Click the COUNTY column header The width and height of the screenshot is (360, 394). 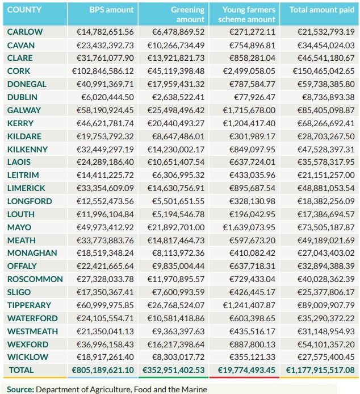[24, 10]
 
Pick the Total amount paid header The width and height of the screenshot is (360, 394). [322, 10]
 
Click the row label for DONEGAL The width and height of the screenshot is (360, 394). [27, 84]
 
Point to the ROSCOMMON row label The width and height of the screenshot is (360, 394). [35, 279]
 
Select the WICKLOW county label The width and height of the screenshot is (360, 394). [28, 357]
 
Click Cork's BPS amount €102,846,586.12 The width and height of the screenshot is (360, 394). [103, 71]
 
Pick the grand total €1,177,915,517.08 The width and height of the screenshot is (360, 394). [320, 370]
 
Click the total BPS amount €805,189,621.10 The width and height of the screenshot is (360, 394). [102, 370]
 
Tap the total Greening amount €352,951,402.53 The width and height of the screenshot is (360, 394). [174, 370]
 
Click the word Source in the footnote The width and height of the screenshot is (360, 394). [20, 389]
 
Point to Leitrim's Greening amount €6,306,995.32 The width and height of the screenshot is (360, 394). [178, 175]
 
